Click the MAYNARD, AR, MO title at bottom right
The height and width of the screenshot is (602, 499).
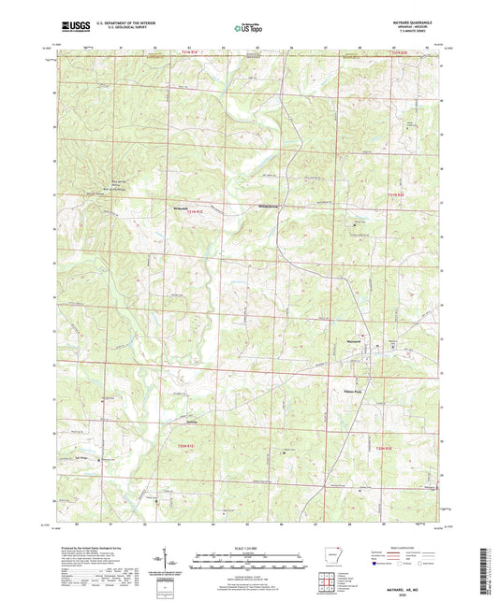tap(418, 582)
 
